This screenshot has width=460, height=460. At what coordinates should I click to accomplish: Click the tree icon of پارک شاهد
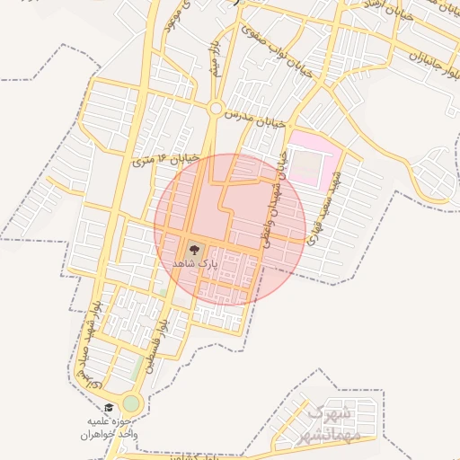click(x=194, y=251)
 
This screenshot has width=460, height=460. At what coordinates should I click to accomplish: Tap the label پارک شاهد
click(x=195, y=267)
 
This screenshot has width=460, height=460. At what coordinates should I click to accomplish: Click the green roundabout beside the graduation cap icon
click(x=132, y=403)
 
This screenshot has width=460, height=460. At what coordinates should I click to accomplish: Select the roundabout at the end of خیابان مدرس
click(x=216, y=108)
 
